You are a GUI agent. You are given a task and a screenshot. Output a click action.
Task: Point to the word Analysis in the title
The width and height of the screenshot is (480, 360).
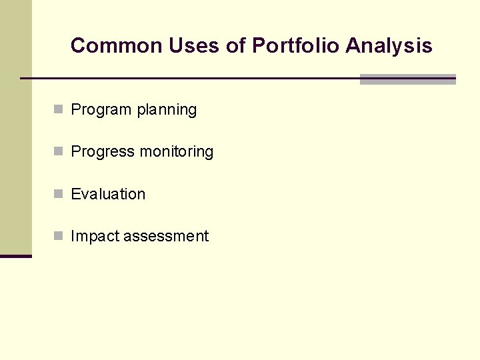(389, 46)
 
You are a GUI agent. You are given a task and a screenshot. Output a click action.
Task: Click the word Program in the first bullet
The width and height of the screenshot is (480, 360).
(101, 110)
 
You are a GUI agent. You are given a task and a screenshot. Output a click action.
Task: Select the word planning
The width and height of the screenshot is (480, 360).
(166, 110)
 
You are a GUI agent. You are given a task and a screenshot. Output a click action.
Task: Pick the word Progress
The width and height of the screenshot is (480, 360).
(103, 152)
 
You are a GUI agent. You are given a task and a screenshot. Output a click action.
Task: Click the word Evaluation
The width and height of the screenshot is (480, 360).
(108, 194)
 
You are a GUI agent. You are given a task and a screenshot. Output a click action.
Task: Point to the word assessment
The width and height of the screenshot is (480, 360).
(166, 236)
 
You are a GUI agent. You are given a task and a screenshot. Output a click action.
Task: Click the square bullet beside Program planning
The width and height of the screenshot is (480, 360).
(59, 109)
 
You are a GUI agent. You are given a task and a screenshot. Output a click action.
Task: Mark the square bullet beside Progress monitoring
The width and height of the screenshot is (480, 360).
(59, 151)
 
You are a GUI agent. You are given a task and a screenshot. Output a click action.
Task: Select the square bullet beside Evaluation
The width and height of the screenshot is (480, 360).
(59, 193)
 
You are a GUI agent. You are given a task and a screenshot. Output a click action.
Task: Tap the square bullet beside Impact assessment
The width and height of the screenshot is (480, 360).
(59, 235)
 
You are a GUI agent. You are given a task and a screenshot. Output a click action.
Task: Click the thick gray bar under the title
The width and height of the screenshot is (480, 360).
(407, 79)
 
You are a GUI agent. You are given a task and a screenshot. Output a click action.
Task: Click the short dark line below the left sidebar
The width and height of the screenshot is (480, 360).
(15, 256)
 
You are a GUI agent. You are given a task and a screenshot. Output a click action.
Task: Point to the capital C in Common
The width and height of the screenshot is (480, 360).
(77, 46)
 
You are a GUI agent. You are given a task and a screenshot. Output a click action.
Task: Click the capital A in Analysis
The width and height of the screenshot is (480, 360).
(354, 46)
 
